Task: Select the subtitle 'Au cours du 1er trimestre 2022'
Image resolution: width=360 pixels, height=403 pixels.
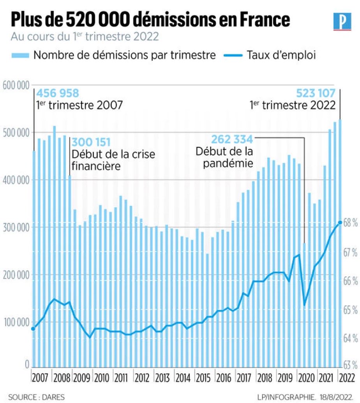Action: coord(85,37)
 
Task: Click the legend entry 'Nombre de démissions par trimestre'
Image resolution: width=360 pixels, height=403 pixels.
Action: coord(124,55)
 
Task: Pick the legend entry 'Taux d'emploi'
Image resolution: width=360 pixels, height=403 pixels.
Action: coord(281,55)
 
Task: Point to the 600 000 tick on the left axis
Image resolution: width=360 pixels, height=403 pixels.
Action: coord(16,85)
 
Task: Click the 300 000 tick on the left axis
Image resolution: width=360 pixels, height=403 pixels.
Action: coord(16,227)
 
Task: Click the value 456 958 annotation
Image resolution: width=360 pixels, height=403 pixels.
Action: coord(58,93)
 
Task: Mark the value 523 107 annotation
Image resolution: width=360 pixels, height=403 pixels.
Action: coord(316,93)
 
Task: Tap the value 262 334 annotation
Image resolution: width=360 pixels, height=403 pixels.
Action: coord(232,139)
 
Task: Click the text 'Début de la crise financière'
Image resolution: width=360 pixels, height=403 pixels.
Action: coord(113,160)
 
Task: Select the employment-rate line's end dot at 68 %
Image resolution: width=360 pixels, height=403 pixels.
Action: coord(340,222)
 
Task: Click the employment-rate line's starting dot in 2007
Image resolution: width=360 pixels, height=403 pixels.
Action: coord(33,329)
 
